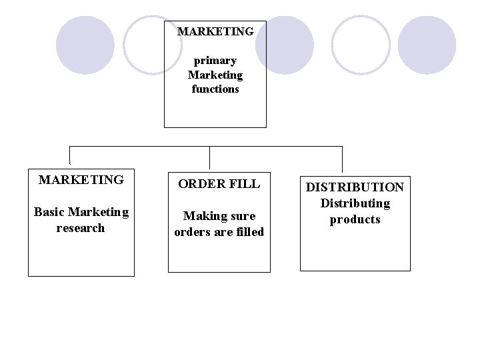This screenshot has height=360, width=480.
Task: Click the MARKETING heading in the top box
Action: click(x=215, y=31)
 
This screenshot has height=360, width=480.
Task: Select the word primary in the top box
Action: click(x=215, y=61)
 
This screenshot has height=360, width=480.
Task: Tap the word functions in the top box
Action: click(x=215, y=89)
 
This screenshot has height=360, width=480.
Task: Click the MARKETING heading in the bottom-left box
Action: click(x=81, y=179)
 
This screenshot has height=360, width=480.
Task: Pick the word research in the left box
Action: click(x=81, y=228)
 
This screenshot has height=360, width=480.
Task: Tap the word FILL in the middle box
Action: click(x=245, y=183)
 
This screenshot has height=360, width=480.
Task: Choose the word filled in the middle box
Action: click(x=248, y=232)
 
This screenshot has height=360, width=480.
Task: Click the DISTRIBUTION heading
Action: click(x=355, y=187)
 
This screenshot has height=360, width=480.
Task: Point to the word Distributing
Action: click(x=355, y=203)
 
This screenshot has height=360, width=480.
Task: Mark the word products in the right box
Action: click(x=355, y=219)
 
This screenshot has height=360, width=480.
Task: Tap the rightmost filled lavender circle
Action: click(x=427, y=45)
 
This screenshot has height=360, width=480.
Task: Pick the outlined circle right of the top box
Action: click(x=361, y=45)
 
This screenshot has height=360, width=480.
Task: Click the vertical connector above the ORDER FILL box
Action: click(x=210, y=157)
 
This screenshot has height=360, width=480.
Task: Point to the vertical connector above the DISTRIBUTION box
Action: click(x=343, y=159)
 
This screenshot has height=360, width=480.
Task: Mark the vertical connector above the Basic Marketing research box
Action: click(x=70, y=155)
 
